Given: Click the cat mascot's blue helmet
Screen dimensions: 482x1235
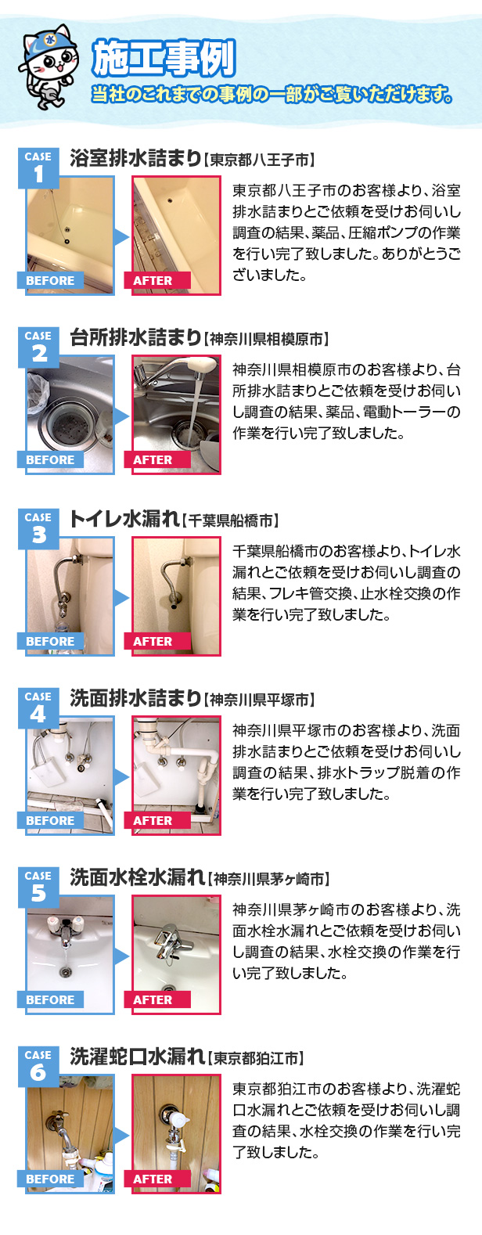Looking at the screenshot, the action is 47,41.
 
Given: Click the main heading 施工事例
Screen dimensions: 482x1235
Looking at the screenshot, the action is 164,57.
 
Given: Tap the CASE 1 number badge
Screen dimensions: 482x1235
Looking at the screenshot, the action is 38,167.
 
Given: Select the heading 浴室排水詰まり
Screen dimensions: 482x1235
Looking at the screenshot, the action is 135,159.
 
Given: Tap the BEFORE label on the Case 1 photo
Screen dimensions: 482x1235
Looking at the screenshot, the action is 50,281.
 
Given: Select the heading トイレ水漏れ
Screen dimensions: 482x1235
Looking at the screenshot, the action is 124,520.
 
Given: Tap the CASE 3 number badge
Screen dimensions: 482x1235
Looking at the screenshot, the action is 38,529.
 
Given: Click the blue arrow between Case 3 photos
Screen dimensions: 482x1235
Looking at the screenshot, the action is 122,597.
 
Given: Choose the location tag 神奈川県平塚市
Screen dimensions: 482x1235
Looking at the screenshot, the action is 259,700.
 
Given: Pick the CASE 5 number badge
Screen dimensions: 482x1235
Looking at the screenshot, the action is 38,887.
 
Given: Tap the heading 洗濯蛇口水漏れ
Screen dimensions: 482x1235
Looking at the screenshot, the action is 138,1057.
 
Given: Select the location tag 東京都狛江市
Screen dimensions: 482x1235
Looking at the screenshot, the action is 256,1059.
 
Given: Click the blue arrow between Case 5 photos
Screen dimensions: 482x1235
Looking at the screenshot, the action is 122,956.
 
